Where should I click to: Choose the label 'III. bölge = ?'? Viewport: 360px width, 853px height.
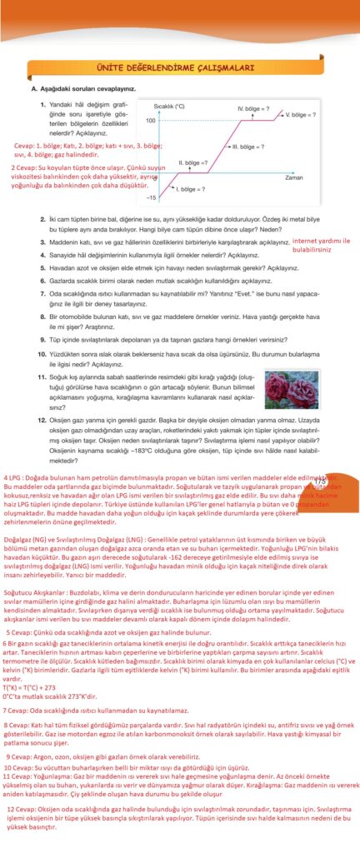coord(247,147)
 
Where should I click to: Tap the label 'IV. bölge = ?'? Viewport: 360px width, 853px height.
coord(252,109)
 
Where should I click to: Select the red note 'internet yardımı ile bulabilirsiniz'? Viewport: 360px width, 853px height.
coord(321,244)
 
